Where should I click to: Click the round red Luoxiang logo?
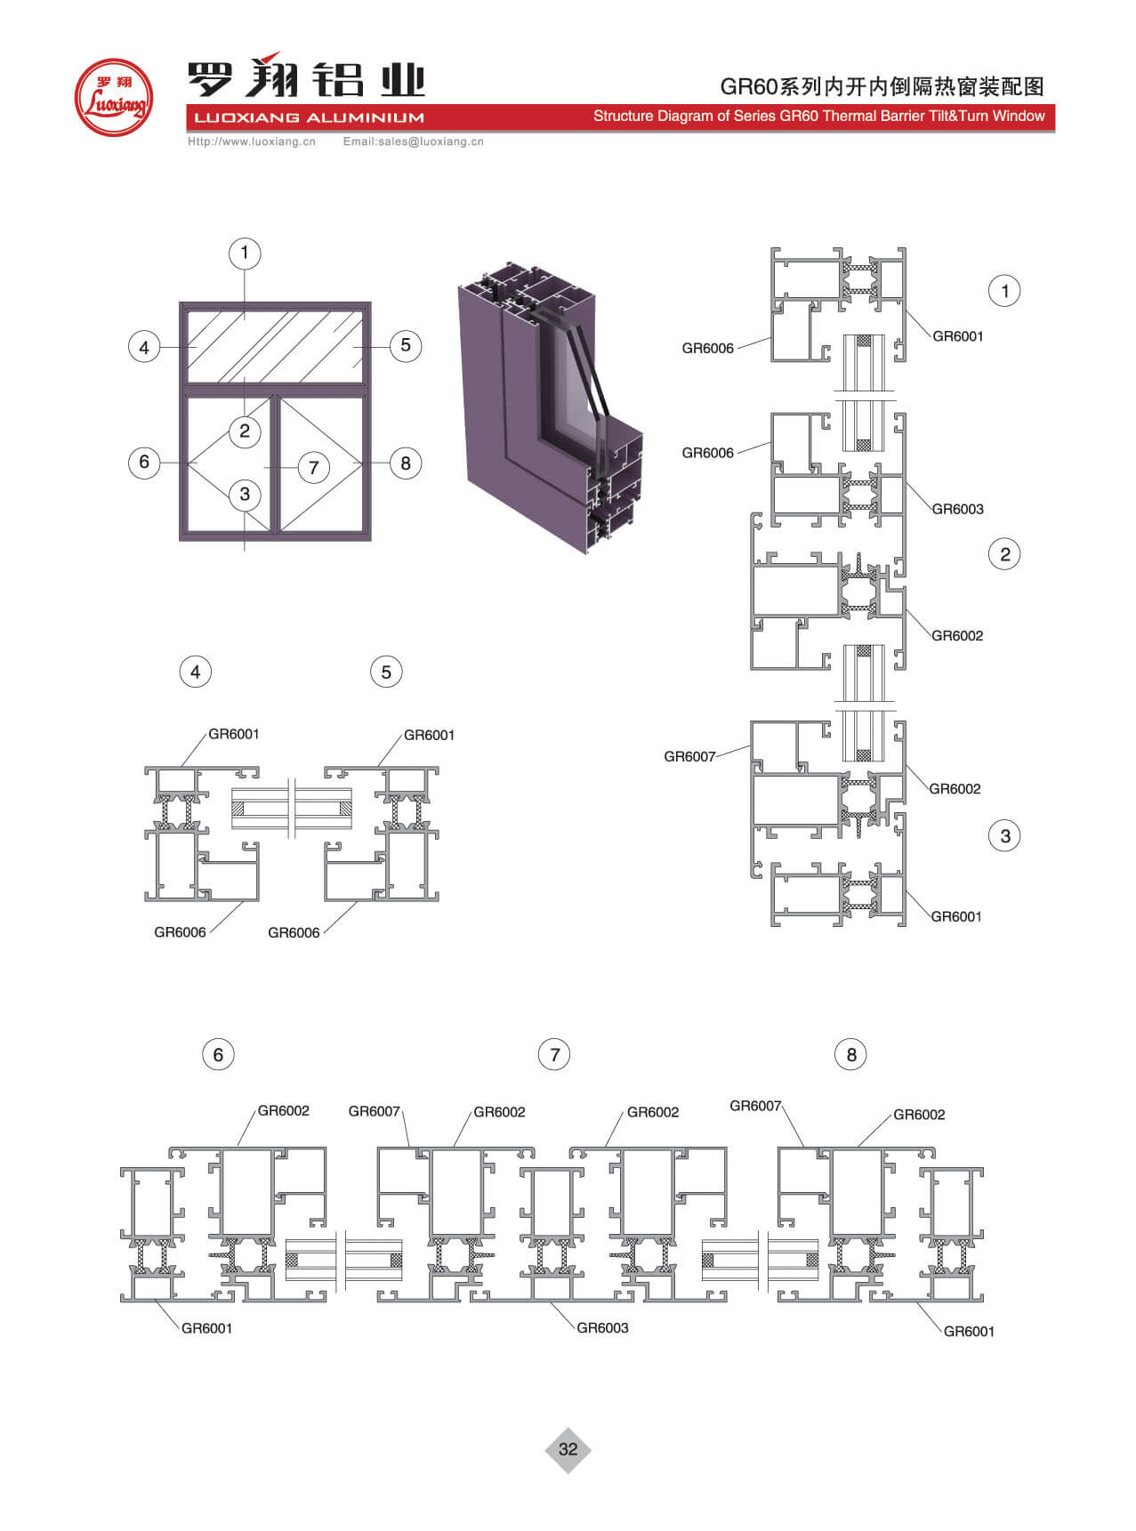(113, 98)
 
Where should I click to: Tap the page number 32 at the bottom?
(568, 1449)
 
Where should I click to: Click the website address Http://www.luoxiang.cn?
(252, 141)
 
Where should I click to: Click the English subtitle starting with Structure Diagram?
(818, 116)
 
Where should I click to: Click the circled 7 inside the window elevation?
(313, 467)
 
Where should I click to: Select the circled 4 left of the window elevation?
(144, 347)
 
